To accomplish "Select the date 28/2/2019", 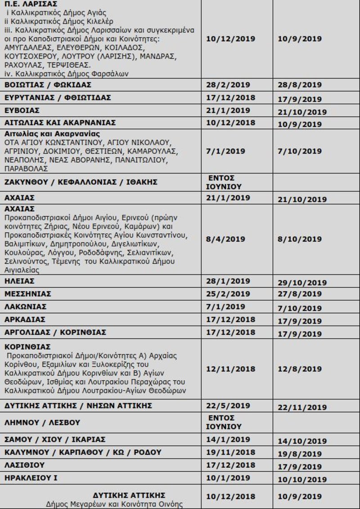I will coord(228,85).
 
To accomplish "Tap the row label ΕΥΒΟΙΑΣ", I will coord(22,110).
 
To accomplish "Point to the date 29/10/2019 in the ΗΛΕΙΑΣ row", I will coord(302,283).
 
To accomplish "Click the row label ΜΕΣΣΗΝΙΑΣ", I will coord(27,294).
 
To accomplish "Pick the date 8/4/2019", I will coord(225,239).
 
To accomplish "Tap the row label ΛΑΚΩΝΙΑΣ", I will coord(25,307).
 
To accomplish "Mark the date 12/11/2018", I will coord(230,369).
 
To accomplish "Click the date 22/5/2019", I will coord(228,406).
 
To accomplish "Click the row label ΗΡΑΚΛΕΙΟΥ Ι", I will coord(31,478).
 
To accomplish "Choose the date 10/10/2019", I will coord(302,480).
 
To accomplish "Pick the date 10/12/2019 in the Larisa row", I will coord(230,39).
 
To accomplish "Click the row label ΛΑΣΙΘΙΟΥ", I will coord(24,465).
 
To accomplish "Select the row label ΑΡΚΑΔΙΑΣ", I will coord(25,320).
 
